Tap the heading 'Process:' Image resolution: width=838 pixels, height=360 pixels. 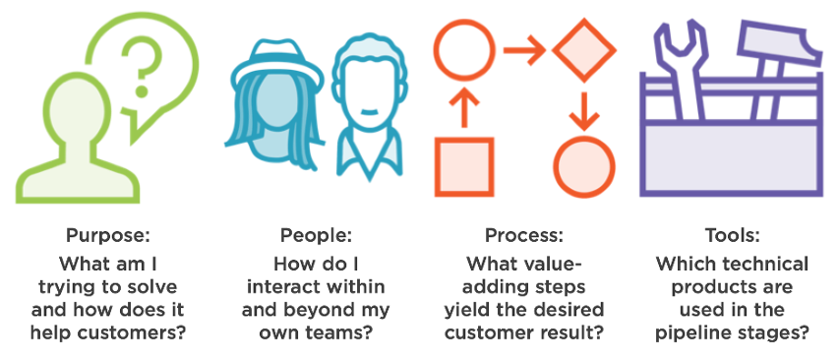(523, 236)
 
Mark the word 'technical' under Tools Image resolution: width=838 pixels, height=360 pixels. (766, 264)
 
